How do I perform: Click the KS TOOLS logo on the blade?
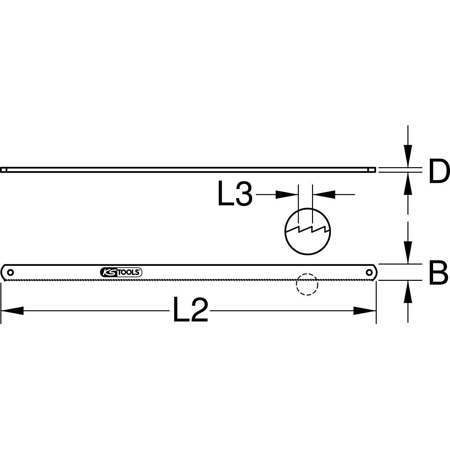pyautogui.click(x=120, y=272)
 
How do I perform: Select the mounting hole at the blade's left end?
pyautogui.click(x=11, y=272)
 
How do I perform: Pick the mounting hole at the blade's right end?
pyautogui.click(x=369, y=272)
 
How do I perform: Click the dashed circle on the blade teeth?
pyautogui.click(x=307, y=284)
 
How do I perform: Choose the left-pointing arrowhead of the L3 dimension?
pyautogui.click(x=324, y=195)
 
